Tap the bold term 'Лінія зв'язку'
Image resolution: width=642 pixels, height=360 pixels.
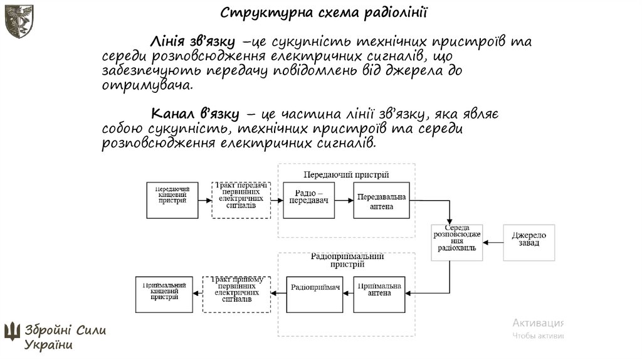point(192,42)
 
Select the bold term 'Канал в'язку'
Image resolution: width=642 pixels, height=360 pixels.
point(195,114)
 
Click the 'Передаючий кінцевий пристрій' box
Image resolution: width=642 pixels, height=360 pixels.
point(172,200)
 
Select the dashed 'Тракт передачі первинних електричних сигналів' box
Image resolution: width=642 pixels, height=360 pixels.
point(241,200)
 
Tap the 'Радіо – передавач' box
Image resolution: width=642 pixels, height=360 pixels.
point(308,200)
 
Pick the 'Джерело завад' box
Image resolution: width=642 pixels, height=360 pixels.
point(529,241)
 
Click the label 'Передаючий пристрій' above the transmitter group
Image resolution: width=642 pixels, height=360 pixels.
point(346,174)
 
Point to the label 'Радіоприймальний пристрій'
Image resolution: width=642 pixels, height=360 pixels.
point(347,260)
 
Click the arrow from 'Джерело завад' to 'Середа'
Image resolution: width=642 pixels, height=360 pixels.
point(493,242)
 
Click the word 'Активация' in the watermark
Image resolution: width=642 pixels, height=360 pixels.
point(538,323)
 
